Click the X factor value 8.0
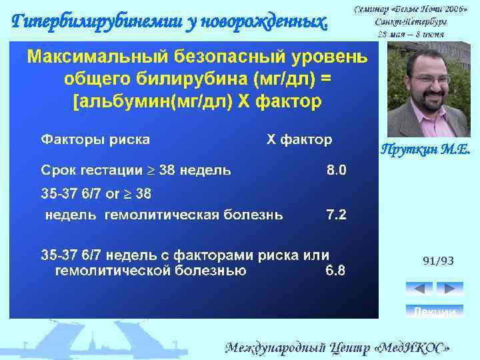click(336, 170)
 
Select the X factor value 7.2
click(336, 215)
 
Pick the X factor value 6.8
click(335, 271)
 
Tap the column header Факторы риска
click(95, 139)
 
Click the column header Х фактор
click(299, 139)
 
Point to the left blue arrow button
click(419, 289)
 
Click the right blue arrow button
click(449, 289)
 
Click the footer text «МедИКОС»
click(417, 347)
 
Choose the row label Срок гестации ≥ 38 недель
click(137, 170)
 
